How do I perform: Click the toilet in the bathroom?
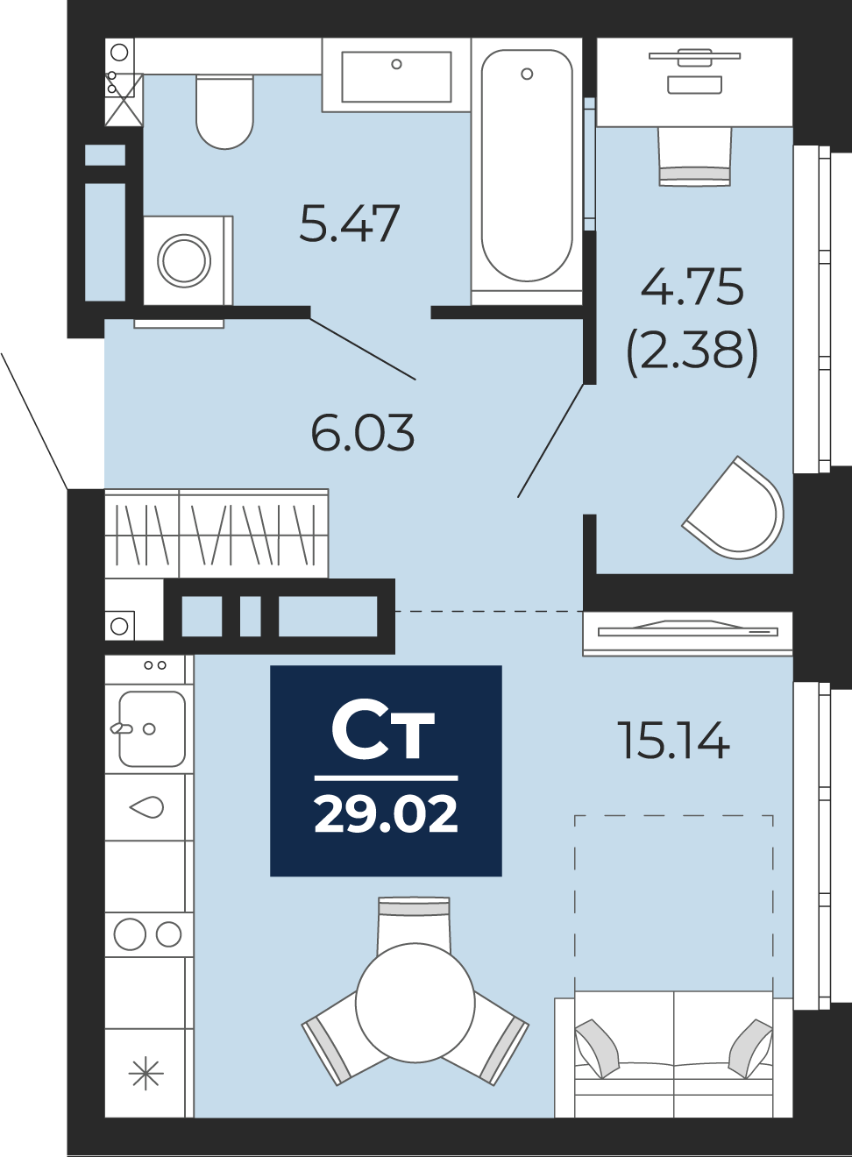[x=224, y=112]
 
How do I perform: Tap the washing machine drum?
[x=184, y=261]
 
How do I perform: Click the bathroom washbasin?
[x=396, y=76]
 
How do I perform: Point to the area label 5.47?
[x=350, y=224]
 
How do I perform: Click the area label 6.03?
[x=363, y=432]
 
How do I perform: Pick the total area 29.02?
[x=386, y=814]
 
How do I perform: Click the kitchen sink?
[x=152, y=728]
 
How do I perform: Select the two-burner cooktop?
[x=149, y=934]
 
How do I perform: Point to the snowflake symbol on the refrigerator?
[x=146, y=1074]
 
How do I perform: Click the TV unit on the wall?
[x=688, y=633]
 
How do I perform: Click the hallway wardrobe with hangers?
[x=217, y=533]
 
